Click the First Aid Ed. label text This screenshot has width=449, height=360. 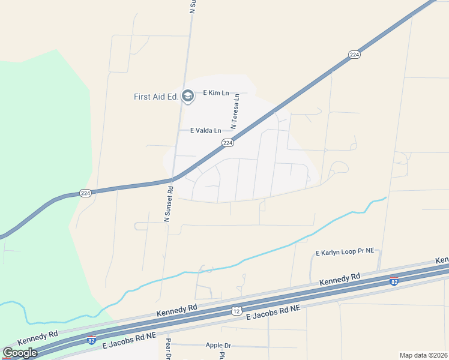(x=156, y=97)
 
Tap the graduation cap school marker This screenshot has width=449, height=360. (x=188, y=96)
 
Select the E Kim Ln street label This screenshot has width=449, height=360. (x=216, y=93)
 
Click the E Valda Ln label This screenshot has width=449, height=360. (x=206, y=130)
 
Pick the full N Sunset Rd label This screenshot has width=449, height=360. (x=169, y=205)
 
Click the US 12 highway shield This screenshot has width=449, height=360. (x=237, y=310)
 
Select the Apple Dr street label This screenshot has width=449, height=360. (x=218, y=346)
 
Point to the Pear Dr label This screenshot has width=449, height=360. (x=169, y=349)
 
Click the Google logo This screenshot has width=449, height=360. (x=20, y=353)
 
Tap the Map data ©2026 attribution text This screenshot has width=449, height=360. (x=423, y=355)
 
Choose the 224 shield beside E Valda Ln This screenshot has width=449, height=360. (x=227, y=143)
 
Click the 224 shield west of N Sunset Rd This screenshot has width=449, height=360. (x=86, y=193)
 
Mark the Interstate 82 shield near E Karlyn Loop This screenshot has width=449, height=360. (x=394, y=281)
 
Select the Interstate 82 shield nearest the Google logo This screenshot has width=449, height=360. (x=91, y=340)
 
